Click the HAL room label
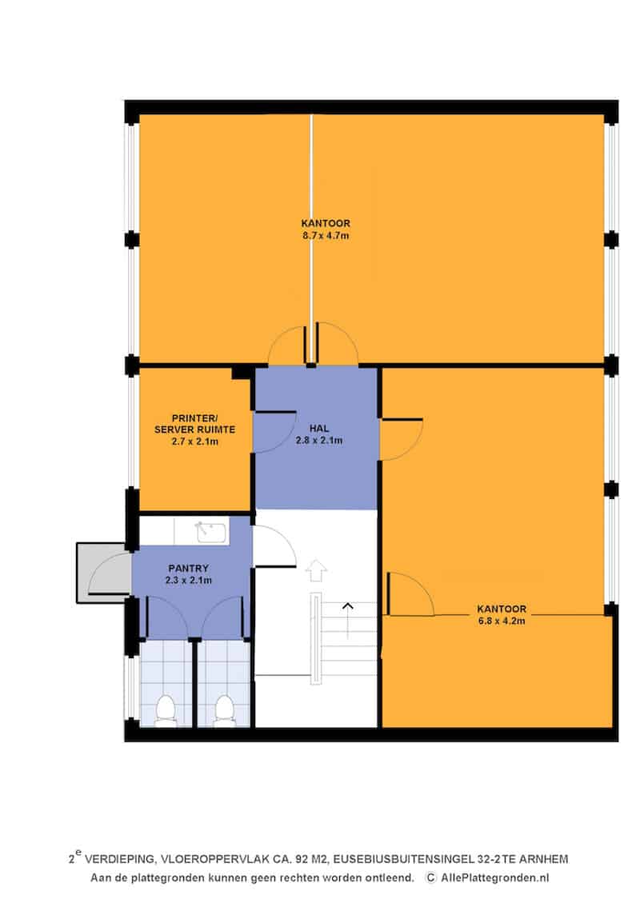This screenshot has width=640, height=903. (x=319, y=429)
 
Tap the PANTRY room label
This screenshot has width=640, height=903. (x=188, y=569)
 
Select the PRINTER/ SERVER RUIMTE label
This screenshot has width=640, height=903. (x=194, y=424)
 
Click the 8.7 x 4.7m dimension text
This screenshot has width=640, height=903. (x=326, y=235)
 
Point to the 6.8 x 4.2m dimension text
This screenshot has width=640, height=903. (x=501, y=621)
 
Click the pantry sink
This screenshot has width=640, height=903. (x=211, y=531)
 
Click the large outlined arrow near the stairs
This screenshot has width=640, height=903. (x=316, y=569)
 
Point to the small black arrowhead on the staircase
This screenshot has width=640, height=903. (x=347, y=605)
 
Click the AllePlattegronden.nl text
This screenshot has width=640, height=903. (x=495, y=878)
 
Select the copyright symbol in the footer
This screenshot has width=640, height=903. (x=431, y=878)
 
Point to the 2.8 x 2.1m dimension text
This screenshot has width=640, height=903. (x=319, y=441)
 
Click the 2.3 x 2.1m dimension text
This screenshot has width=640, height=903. (x=188, y=581)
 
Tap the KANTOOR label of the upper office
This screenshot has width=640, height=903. (x=326, y=223)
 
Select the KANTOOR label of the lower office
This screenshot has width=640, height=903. (x=501, y=609)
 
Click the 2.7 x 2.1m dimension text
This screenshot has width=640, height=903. (x=194, y=442)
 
